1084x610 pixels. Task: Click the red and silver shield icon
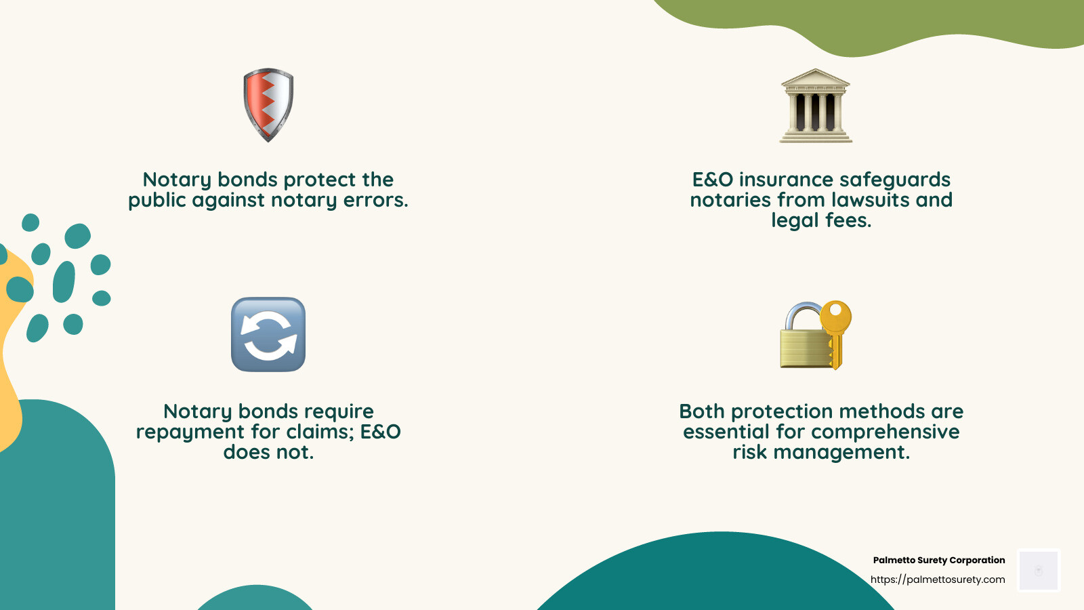coord(268,104)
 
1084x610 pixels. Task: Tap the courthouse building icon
coord(816,106)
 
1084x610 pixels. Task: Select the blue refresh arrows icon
coord(268,334)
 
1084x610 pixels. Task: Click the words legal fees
coord(821,221)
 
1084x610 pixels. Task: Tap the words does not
coord(268,453)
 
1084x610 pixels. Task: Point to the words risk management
coord(821,453)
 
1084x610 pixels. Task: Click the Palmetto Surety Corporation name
coord(938,561)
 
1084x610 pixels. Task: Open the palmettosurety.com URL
coord(938,579)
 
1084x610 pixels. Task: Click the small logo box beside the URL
coord(1039,571)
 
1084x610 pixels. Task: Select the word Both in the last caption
coord(702,412)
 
